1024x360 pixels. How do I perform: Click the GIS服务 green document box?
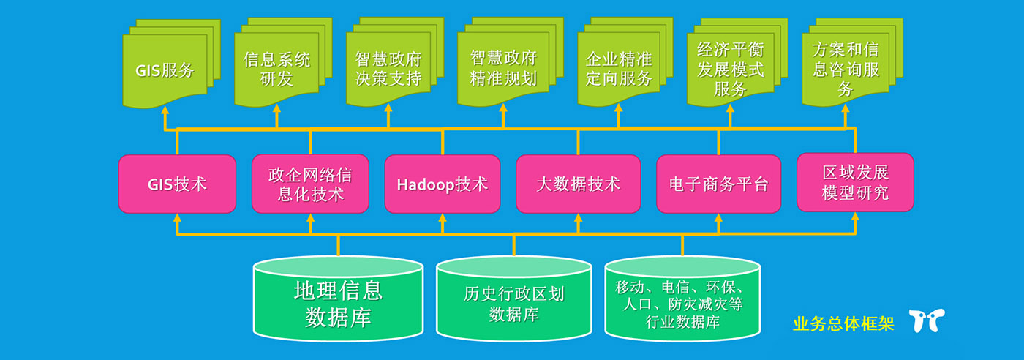(165, 70)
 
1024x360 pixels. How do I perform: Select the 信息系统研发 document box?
(276, 69)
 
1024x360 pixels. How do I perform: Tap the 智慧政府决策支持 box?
(388, 69)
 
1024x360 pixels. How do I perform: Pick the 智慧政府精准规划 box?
(503, 69)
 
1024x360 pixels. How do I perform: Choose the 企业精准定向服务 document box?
(619, 69)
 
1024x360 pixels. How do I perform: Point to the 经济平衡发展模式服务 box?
(730, 69)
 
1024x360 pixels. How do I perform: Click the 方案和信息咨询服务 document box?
(846, 69)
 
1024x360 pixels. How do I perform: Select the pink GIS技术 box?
(177, 184)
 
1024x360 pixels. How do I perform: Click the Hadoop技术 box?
(443, 184)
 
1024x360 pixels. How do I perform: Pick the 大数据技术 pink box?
(578, 184)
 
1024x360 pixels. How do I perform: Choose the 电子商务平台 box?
(718, 184)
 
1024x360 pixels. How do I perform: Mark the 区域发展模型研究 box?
(855, 182)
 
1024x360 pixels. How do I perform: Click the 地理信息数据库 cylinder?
(338, 301)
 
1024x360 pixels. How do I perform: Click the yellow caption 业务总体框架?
(843, 323)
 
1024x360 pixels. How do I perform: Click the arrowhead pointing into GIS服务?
(165, 110)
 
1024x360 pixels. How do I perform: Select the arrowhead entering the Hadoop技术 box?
(443, 218)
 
